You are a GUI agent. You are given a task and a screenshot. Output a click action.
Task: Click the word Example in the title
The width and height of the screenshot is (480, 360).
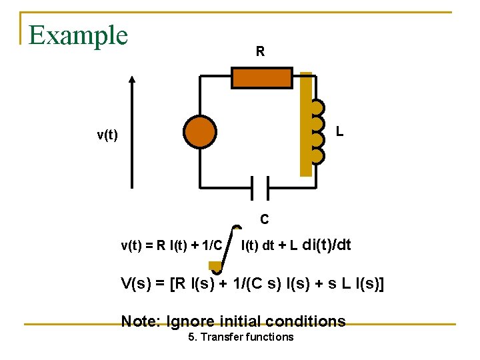point(78,35)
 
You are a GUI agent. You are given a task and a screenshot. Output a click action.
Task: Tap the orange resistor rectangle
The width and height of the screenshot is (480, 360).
point(261,78)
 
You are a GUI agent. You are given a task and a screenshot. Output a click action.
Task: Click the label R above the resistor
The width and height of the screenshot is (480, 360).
point(260,51)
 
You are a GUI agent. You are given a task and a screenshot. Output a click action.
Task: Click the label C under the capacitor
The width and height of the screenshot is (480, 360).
point(265,219)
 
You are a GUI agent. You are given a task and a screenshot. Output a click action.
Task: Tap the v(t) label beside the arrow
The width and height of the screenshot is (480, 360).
point(107,136)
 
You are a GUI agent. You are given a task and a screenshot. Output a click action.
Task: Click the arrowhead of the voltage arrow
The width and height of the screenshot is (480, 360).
point(133,81)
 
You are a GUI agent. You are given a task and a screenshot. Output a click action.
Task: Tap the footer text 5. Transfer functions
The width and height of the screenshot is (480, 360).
point(241,337)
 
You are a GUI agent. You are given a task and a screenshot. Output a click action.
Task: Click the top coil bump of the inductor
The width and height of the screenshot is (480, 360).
point(318,107)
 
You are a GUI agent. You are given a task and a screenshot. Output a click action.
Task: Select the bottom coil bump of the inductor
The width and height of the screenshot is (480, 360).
point(318,156)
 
